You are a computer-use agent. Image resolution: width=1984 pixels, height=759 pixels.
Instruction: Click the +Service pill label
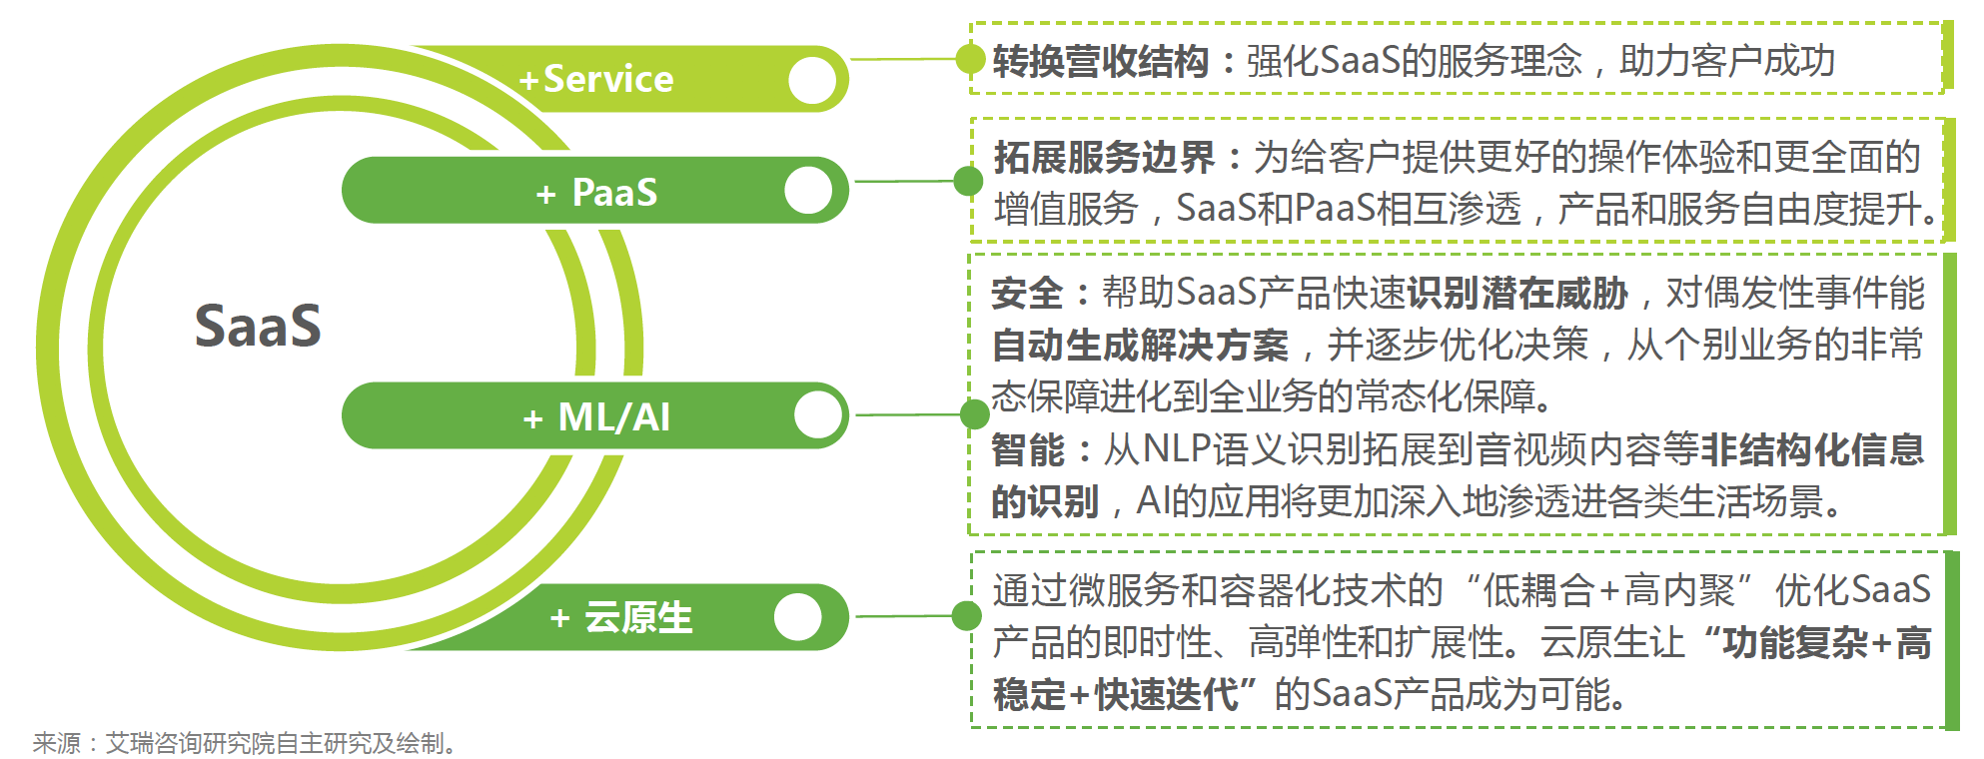[x=596, y=79]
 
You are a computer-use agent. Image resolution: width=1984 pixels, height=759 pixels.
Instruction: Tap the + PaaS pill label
[x=596, y=192]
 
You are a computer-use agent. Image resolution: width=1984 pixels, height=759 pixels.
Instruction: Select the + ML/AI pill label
[x=596, y=417]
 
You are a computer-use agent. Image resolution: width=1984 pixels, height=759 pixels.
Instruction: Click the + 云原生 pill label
[x=620, y=617]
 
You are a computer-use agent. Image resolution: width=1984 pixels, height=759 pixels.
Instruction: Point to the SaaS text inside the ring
[x=258, y=326]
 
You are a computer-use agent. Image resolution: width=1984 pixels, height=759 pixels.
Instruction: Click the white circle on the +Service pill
[x=812, y=80]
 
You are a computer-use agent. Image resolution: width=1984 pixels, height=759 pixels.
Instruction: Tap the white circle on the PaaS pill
[x=808, y=190]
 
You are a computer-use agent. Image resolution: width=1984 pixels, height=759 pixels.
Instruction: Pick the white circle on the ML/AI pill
[x=818, y=414]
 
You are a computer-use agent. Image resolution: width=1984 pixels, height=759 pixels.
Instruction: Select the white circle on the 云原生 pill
[x=797, y=616]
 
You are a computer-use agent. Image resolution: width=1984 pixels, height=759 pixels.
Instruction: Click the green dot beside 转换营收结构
[x=969, y=59]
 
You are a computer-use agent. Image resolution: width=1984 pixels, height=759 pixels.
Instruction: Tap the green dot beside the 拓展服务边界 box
[x=967, y=181]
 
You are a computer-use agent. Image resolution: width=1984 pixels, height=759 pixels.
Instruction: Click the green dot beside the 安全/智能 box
[x=974, y=413]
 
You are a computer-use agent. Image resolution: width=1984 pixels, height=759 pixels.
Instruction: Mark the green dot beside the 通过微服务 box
[x=966, y=615]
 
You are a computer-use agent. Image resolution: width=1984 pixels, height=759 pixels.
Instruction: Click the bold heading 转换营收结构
[x=1100, y=62]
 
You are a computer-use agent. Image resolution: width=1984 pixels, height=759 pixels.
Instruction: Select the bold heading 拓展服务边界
[x=1104, y=157]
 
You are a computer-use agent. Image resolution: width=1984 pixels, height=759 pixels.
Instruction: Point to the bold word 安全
[x=1027, y=293]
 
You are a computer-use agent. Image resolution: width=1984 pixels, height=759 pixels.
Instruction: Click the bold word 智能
[x=1027, y=449]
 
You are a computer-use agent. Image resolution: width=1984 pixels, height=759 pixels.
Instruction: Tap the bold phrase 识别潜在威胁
[x=1518, y=293]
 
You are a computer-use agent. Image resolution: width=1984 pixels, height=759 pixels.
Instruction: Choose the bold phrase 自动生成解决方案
[x=1140, y=346]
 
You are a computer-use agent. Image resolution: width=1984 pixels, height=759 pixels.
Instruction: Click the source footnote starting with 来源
[x=246, y=743]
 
